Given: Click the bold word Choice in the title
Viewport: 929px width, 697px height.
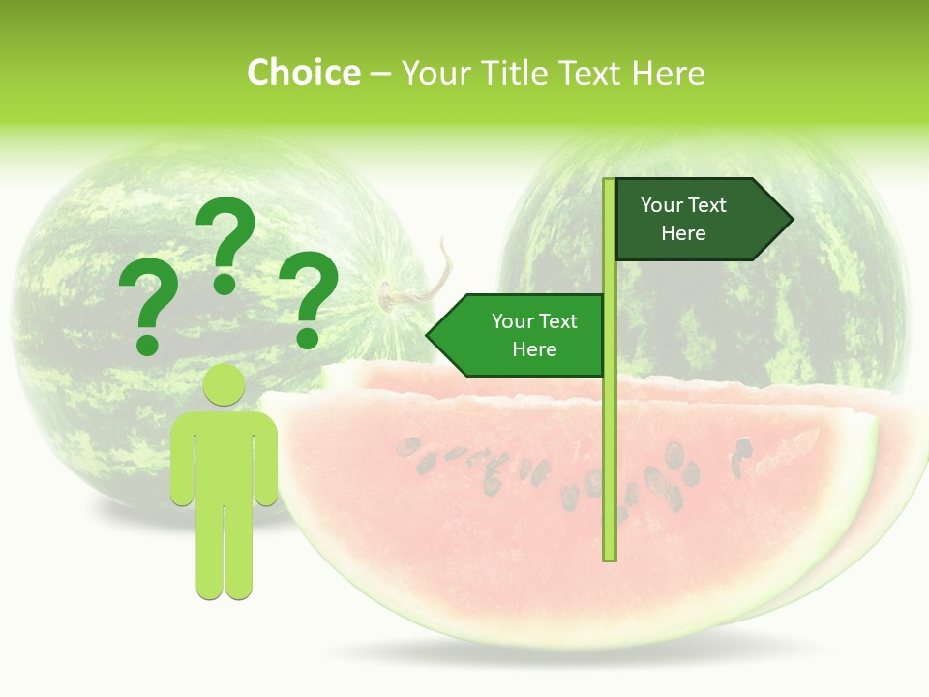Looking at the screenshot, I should tap(303, 73).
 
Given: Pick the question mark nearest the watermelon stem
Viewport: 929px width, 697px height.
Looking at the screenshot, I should tap(310, 298).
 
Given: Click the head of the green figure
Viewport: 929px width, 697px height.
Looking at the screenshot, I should tap(225, 386).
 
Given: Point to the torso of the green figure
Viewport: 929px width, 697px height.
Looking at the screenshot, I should tap(225, 455).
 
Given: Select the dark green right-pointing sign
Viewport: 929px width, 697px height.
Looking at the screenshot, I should tap(697, 220).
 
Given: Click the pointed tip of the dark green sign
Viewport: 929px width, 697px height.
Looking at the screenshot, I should tap(790, 220).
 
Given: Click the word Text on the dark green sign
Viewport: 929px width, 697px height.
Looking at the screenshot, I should tap(707, 205).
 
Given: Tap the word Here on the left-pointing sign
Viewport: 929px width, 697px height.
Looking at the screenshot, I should tap(534, 349).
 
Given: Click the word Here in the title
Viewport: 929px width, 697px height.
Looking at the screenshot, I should tap(667, 73).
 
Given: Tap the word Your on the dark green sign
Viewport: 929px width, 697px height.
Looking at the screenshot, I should tap(661, 205).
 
